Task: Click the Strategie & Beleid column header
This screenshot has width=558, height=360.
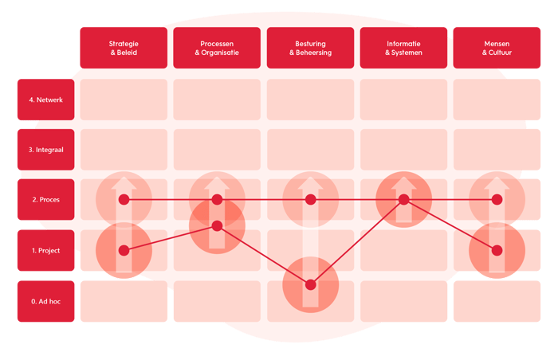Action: point(124,48)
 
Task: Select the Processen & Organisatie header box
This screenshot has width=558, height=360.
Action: point(217,48)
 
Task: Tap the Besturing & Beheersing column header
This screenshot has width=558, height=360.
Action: point(311,48)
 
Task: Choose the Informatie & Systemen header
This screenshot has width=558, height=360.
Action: point(404,48)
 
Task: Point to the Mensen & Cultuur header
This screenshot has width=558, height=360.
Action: point(497,48)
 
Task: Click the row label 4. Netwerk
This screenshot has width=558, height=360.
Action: point(45,100)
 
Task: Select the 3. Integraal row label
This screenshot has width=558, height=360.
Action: point(45,150)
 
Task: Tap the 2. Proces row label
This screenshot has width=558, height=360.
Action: point(45,200)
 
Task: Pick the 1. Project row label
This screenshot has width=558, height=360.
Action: point(45,251)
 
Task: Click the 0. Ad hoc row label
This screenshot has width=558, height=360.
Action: point(45,301)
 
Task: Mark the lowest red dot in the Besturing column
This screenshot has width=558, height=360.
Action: point(311,284)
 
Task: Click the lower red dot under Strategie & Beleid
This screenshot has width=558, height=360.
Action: point(124,250)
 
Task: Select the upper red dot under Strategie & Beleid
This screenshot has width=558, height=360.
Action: point(124,199)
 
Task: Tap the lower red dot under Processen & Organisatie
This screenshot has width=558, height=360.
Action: point(217,225)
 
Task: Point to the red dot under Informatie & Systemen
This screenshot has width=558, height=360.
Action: point(404,199)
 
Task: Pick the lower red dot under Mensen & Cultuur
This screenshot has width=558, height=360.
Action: point(497,250)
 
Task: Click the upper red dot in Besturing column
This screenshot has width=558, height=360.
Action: point(311,199)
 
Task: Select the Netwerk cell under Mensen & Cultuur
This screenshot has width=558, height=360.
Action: point(497,100)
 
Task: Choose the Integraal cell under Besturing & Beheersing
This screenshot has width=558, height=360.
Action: point(311,150)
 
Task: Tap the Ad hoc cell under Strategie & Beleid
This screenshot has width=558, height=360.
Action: point(124,301)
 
